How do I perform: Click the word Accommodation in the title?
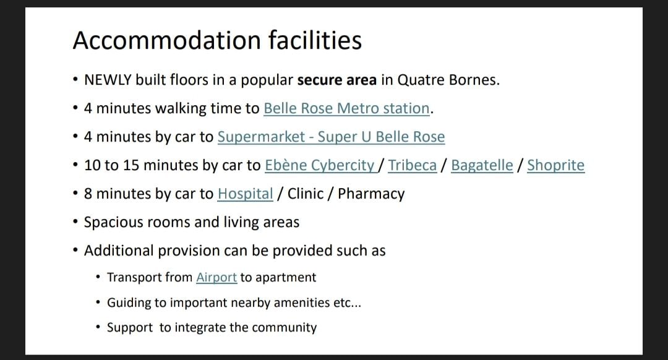pos(166,40)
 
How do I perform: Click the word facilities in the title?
pos(315,40)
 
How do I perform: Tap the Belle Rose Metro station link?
pos(347,108)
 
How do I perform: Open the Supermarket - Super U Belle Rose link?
pos(331,137)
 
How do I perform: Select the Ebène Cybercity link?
pos(320,165)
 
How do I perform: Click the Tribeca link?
pos(413,165)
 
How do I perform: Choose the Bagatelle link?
pos(482,165)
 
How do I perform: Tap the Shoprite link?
pos(555,165)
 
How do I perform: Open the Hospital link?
pos(245,194)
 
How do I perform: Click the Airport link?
pos(216,277)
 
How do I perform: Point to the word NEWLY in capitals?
pos(108,80)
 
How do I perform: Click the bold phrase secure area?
pos(337,80)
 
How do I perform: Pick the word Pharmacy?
pos(371,194)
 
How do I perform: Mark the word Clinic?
pos(306,194)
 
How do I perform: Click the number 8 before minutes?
pos(88,194)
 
